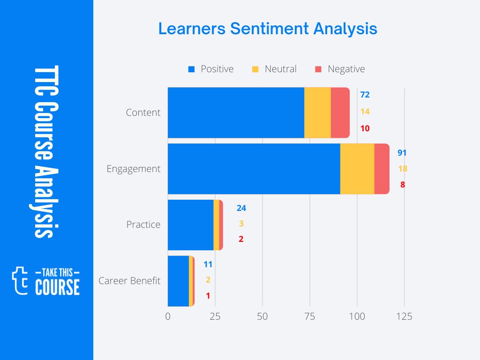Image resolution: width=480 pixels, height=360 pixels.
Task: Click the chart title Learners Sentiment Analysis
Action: pos(267,29)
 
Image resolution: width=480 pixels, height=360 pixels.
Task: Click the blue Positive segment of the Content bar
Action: pos(236,112)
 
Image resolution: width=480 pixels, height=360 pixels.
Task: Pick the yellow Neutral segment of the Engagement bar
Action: pos(357,169)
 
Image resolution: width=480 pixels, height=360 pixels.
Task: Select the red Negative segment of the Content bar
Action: pos(340,112)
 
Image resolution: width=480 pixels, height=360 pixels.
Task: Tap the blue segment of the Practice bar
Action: pos(190,225)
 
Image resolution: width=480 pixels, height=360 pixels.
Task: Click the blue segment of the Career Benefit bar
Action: pos(178,281)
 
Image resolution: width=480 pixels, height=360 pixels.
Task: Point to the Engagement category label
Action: pos(134,169)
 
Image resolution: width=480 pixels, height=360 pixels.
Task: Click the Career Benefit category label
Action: pos(129,281)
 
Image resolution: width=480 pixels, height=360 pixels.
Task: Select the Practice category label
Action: pos(143,225)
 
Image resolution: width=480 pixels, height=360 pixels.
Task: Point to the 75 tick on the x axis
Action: pos(310,316)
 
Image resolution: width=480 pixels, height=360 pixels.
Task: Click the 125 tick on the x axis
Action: pos(404,316)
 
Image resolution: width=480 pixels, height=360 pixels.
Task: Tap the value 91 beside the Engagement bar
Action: pos(402,153)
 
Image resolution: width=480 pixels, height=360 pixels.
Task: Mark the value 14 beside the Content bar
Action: pos(365,112)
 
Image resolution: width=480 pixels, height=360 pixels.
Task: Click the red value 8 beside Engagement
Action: pos(402,185)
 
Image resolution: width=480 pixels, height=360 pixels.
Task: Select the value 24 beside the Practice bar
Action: pos(241,208)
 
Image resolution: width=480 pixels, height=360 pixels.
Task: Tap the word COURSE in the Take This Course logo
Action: pos(57,287)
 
